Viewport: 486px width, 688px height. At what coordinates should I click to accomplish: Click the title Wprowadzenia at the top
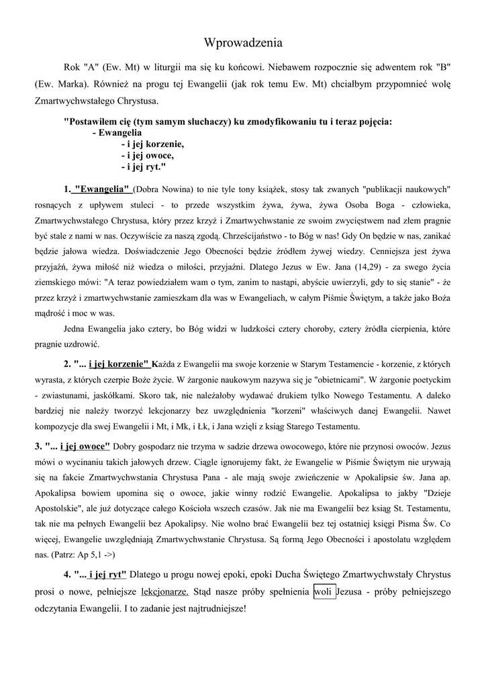click(x=243, y=43)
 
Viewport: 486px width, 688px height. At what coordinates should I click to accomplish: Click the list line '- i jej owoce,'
click(x=147, y=155)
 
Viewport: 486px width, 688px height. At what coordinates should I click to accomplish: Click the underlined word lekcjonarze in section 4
click(x=165, y=592)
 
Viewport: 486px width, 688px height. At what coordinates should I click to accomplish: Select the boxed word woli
click(x=325, y=592)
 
